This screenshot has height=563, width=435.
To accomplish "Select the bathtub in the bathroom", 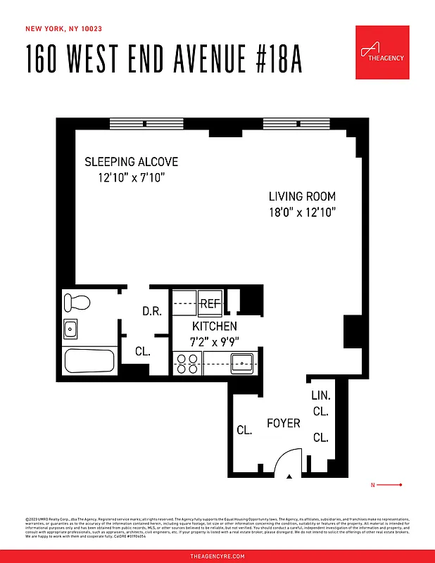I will pyautogui.click(x=89, y=362).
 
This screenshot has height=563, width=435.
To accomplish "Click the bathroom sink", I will pyautogui.click(x=70, y=329).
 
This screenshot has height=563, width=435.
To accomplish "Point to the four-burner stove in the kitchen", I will pyautogui.click(x=187, y=363).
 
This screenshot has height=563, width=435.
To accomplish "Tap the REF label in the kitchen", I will pyautogui.click(x=210, y=304).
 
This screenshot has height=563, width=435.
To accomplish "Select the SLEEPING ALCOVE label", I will pyautogui.click(x=131, y=162).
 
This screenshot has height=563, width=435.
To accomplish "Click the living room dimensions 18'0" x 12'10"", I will pyautogui.click(x=302, y=212).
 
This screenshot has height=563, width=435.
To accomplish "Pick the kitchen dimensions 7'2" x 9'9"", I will pyautogui.click(x=215, y=342).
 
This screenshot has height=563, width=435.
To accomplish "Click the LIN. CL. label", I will pyautogui.click(x=320, y=404).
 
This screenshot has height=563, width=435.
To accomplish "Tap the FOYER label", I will pyautogui.click(x=283, y=424).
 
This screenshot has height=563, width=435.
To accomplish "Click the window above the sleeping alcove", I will pyautogui.click(x=146, y=124).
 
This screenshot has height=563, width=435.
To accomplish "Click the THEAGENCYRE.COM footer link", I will pyautogui.click(x=217, y=556).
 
